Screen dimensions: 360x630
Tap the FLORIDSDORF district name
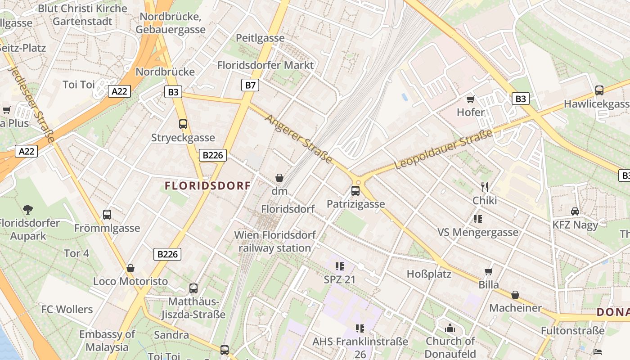tap(207, 185)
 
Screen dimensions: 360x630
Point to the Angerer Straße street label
tap(299, 139)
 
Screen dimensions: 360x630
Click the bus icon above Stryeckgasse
tap(183, 124)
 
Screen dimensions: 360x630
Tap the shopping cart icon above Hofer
tap(471, 99)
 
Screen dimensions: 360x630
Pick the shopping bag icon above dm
tap(279, 178)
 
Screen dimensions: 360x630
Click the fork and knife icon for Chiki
tap(485, 187)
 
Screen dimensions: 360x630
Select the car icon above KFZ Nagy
tap(575, 211)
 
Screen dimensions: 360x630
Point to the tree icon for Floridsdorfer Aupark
tap(28, 209)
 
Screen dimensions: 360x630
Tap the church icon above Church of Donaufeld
tap(450, 328)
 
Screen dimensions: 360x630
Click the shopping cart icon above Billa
tap(488, 271)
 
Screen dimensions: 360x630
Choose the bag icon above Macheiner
tap(515, 295)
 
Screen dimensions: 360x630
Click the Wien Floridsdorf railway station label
tap(274, 241)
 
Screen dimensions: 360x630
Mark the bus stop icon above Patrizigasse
tap(355, 191)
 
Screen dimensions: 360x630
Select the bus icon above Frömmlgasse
tap(107, 215)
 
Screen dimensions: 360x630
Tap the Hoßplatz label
tap(429, 274)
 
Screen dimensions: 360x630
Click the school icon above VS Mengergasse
tap(478, 219)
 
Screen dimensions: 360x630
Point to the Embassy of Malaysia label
tap(107, 341)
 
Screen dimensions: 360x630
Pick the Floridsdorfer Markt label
tap(265, 65)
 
